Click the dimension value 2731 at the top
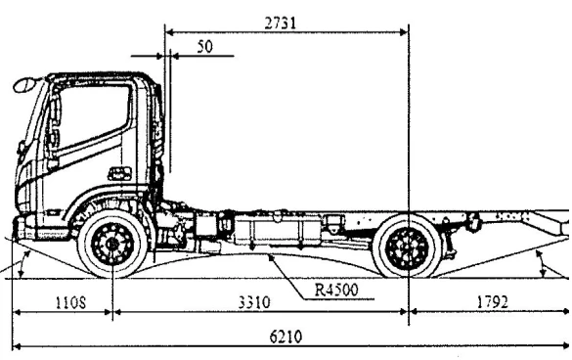(x=281, y=21)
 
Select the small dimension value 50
(x=203, y=46)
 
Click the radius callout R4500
(x=337, y=291)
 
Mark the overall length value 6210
(x=286, y=336)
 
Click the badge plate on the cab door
(x=119, y=174)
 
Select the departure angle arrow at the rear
(x=544, y=258)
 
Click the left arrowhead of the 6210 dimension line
(x=17, y=346)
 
